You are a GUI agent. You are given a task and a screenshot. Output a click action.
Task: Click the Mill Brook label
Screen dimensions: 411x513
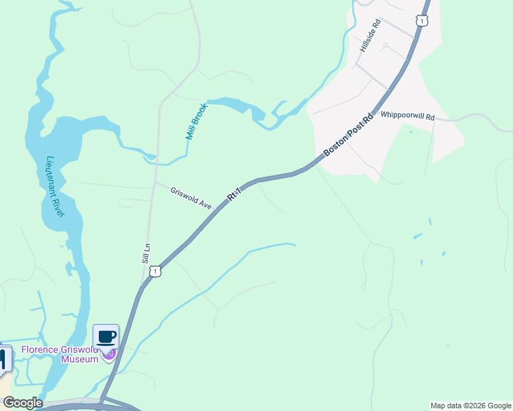pyautogui.click(x=193, y=122)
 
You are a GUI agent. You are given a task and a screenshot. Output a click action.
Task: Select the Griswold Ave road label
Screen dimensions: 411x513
pyautogui.click(x=191, y=197)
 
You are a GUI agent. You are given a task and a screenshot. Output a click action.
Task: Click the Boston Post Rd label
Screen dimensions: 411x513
pyautogui.click(x=348, y=134)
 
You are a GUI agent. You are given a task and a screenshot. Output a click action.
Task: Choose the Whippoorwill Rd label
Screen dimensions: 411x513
pyautogui.click(x=407, y=117)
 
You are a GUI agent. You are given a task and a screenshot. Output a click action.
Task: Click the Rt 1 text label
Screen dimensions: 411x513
pyautogui.click(x=235, y=195)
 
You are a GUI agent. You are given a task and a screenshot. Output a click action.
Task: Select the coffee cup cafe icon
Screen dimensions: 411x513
pyautogui.click(x=106, y=337)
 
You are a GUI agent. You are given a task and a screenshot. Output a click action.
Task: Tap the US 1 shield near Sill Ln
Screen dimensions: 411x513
pyautogui.click(x=156, y=272)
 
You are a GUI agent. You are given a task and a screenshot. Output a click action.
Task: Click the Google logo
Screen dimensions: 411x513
pyautogui.click(x=23, y=403)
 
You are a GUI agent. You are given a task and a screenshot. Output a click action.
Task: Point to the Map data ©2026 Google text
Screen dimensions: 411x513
pyautogui.click(x=471, y=406)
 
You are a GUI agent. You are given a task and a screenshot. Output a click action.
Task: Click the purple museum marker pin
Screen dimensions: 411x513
pyautogui.click(x=108, y=353)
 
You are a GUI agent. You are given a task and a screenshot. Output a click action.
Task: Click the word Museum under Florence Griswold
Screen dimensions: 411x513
pyautogui.click(x=80, y=359)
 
